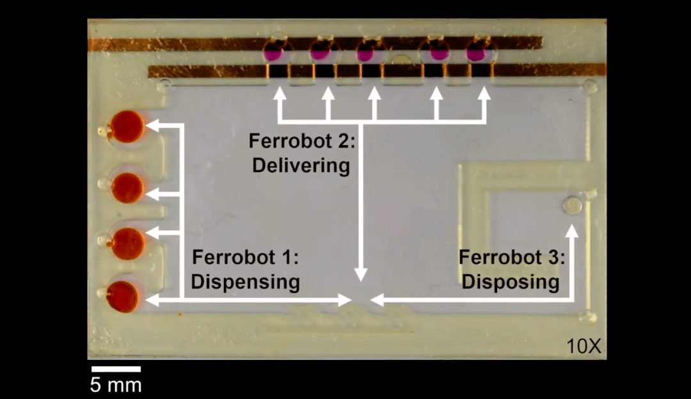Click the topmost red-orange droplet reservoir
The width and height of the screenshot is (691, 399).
pos(127,126)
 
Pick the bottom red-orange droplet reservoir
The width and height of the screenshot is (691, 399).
pos(122,297)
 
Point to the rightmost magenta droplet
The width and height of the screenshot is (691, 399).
pos(476,54)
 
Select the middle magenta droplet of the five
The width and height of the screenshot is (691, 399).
pos(367,54)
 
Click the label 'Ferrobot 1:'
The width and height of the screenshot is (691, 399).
pos(246,258)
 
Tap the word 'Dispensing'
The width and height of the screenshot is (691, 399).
pos(246,281)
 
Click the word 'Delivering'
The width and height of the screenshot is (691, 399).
pos(301,165)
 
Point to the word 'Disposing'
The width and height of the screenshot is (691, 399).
pos(511,281)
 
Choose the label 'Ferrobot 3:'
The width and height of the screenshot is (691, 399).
pos(512,258)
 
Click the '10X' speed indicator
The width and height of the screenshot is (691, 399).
pos(584,347)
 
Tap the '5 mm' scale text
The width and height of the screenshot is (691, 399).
pos(116,386)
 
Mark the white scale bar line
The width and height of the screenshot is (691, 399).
pos(116,369)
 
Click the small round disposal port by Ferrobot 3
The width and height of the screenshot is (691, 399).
pos(572,205)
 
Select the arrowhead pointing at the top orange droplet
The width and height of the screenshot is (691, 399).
pos(153,126)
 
